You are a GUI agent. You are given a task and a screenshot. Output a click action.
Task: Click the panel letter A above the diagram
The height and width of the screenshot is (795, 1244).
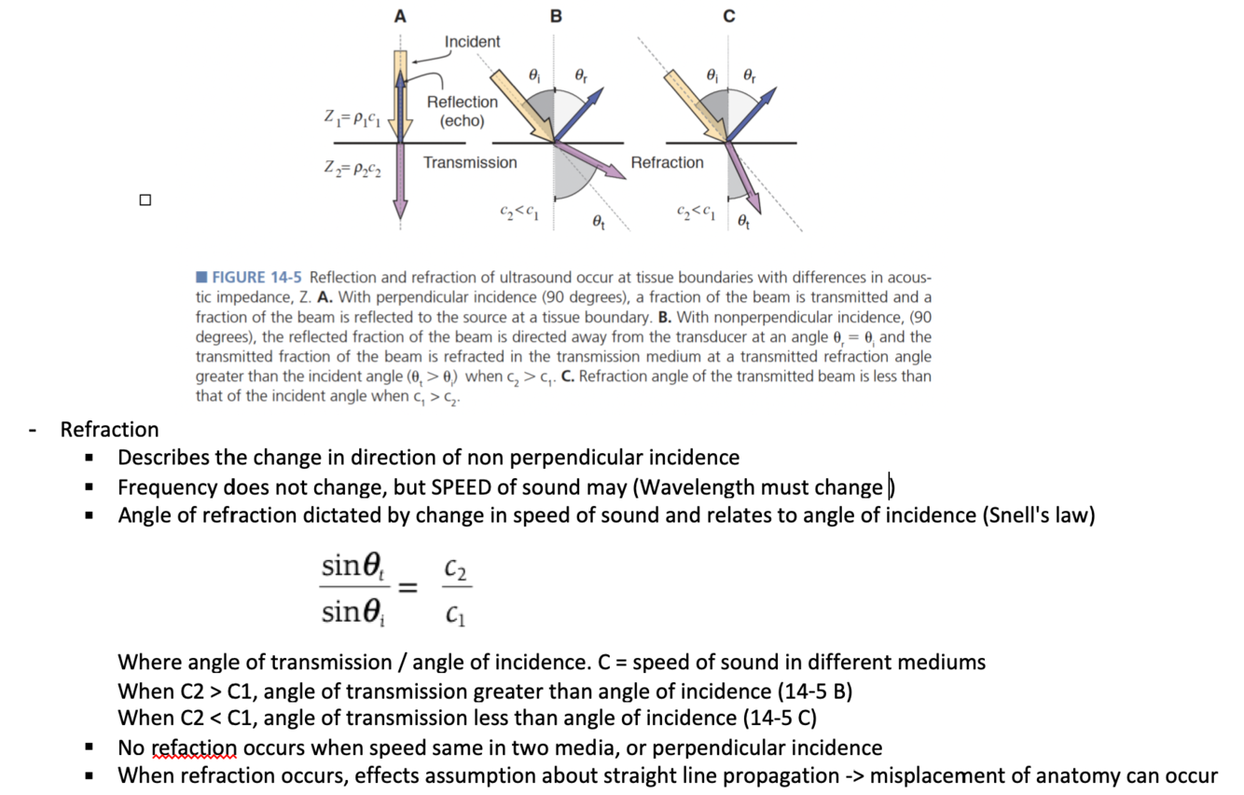400,16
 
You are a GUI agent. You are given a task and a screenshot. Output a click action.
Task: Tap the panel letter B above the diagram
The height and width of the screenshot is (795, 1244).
556,16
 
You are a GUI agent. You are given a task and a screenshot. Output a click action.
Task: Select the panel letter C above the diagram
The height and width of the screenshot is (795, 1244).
729,16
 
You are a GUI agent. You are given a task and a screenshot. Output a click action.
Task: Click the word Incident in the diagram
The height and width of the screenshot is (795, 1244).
472,42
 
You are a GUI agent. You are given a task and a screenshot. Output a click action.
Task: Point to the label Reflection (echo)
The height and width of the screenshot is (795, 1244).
462,111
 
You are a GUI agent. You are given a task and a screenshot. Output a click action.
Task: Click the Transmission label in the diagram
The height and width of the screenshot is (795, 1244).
470,163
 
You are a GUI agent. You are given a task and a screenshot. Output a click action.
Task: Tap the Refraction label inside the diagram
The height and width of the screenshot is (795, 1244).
667,163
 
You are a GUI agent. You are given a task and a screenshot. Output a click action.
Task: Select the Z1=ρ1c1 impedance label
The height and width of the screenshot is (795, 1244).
352,119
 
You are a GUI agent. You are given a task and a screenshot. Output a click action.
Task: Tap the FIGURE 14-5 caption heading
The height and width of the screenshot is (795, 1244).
252,278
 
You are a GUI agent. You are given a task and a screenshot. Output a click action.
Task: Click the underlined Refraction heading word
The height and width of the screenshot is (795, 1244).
109,430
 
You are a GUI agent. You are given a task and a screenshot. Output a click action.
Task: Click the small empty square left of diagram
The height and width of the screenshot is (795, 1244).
145,199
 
